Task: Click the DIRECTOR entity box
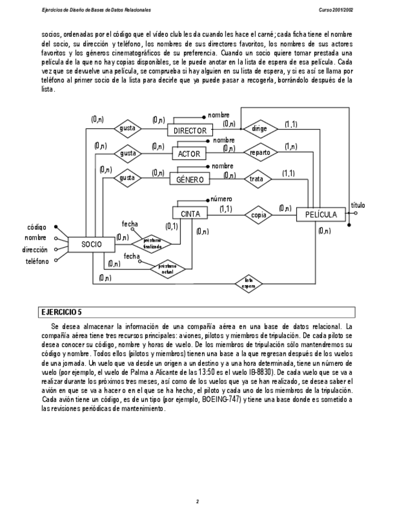coord(190,130)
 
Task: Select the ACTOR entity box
coord(189,154)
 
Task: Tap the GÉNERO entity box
coord(189,179)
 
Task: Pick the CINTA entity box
coord(190,213)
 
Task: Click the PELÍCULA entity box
coord(321,214)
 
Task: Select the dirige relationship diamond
coord(259,128)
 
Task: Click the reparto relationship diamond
coord(260,152)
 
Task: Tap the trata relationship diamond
coord(259,178)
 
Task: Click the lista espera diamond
coord(248,283)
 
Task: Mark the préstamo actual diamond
coord(168,268)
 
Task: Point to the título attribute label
coord(358,205)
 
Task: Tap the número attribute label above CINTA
coord(221,199)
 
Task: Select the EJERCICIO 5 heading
coord(61,312)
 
